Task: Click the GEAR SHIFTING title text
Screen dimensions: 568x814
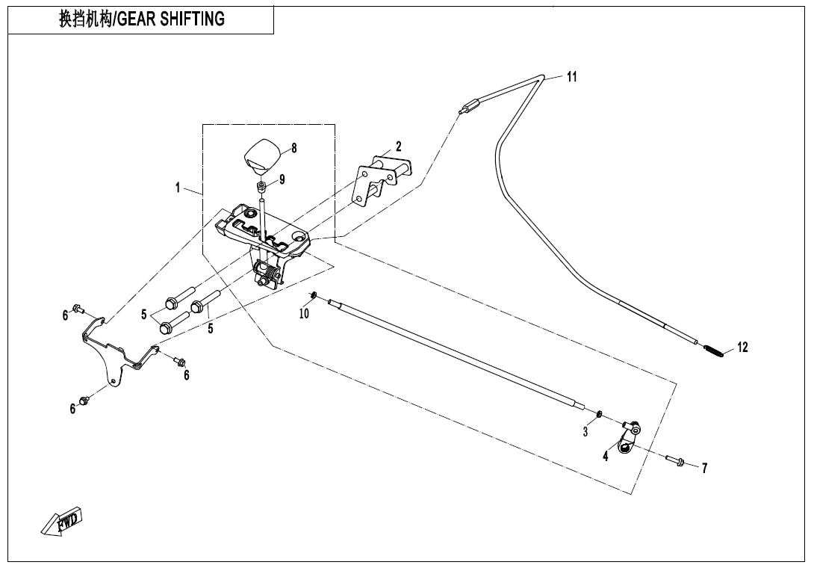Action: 142,19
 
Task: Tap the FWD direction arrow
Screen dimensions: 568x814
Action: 61,521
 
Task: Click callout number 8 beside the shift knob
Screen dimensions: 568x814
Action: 294,148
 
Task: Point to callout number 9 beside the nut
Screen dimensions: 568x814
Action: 282,179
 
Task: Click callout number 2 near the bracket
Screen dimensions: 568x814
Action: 399,146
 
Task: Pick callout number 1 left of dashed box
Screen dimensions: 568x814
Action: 178,188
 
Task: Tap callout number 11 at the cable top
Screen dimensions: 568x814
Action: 571,77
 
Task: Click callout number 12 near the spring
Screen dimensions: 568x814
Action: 742,347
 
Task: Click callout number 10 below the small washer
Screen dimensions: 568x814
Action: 304,314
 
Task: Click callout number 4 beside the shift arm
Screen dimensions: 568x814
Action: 606,457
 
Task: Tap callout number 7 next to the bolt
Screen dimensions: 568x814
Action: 704,468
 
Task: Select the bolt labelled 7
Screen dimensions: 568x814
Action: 675,460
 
